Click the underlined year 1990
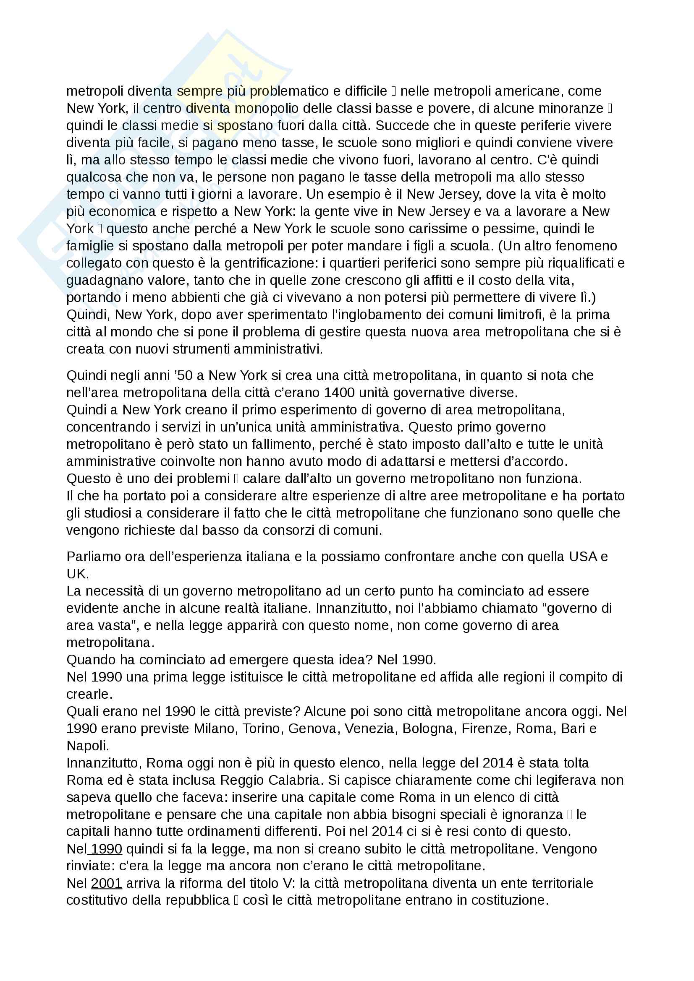pyautogui.click(x=107, y=848)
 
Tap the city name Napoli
pyautogui.click(x=88, y=746)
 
